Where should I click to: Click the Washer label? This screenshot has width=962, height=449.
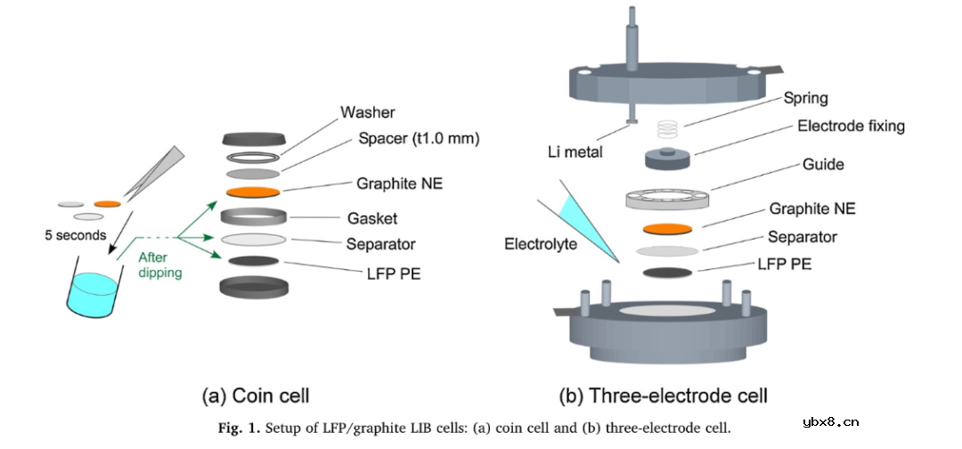pos(367,113)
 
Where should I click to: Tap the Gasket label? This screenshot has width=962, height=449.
pos(372,218)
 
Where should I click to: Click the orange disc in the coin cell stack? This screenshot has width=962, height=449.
pos(254,192)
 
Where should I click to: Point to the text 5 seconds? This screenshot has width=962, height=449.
pos(75,236)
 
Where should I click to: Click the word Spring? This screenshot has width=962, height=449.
pos(806,98)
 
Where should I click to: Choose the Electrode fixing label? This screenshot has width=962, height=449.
pos(851,126)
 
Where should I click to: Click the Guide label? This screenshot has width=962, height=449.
pos(822,165)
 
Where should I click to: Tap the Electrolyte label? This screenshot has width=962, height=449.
pos(541,242)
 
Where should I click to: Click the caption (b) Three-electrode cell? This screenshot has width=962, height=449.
pos(663,394)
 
